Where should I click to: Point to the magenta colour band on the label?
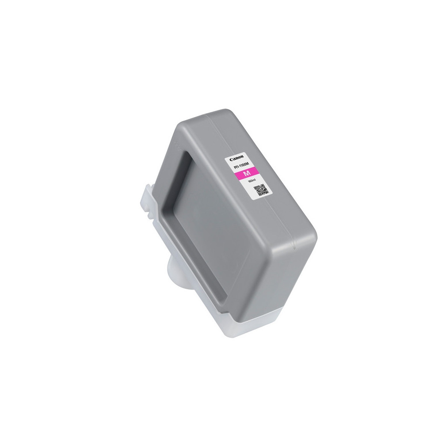(x=247, y=175)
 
